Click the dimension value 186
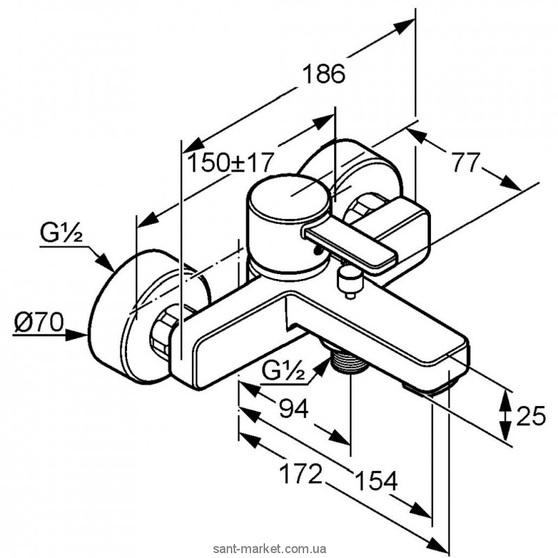point(325,74)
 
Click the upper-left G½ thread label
point(61,235)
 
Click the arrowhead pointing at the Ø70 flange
point(80,334)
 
